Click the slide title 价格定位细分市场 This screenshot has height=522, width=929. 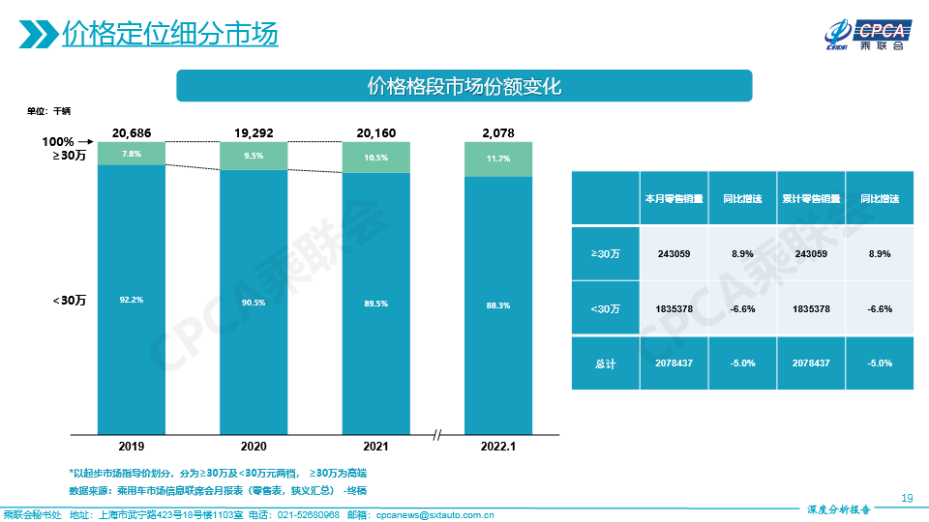click(x=169, y=34)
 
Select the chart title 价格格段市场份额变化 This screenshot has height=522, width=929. click(x=464, y=85)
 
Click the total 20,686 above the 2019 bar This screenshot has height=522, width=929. click(x=132, y=132)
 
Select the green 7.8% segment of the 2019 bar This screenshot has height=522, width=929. click(x=132, y=154)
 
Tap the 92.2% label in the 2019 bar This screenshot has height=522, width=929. click(x=132, y=300)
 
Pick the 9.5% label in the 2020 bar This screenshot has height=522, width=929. click(x=254, y=156)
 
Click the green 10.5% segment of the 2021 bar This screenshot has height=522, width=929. click(x=375, y=158)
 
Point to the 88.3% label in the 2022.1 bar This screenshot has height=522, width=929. click(x=498, y=305)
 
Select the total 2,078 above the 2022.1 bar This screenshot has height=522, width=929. click(x=498, y=132)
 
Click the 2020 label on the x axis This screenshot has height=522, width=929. click(x=254, y=447)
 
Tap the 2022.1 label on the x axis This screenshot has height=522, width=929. click(x=498, y=447)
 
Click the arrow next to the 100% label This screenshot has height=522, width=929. click(x=84, y=142)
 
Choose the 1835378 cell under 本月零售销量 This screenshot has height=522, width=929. click(x=673, y=308)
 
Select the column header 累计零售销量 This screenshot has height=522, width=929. click(x=811, y=199)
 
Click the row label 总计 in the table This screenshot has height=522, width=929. click(x=605, y=362)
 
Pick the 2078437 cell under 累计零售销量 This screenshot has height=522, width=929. click(x=811, y=362)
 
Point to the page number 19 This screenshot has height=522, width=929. click(x=907, y=498)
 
